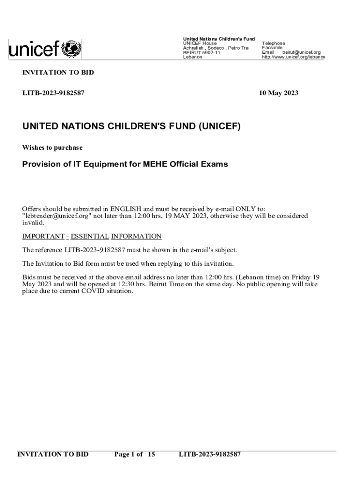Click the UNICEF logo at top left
[45, 49]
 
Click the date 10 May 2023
[279, 93]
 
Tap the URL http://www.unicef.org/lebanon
[294, 57]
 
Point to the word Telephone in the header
[274, 43]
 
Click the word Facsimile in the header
[272, 48]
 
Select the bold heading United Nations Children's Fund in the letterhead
[218, 38]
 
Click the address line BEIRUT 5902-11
[202, 52]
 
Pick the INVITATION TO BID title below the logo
[58, 73]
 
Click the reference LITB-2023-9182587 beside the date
[53, 93]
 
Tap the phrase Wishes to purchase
[52, 148]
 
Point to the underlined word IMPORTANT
[43, 236]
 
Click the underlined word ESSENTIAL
[90, 236]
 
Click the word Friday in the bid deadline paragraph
[297, 277]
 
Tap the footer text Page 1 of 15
[135, 454]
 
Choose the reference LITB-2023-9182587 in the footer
[210, 454]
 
